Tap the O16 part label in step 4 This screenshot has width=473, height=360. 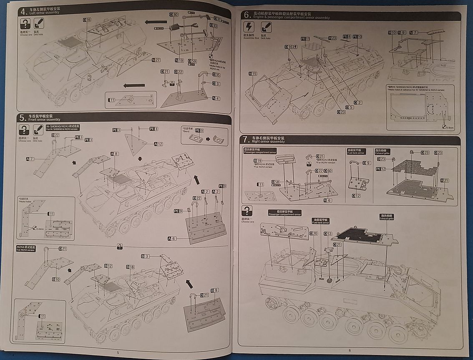[x=87, y=20]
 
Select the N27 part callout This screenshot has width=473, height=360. [x=156, y=60]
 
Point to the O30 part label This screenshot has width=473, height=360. [x=174, y=15]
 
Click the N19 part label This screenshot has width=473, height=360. [x=179, y=60]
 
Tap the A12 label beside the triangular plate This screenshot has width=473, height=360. [x=159, y=144]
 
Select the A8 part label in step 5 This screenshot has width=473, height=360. [x=115, y=154]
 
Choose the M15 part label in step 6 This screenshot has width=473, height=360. [x=253, y=74]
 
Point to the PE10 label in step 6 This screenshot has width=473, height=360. [x=357, y=37]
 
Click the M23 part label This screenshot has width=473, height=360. [x=332, y=38]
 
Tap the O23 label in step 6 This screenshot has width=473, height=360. [x=341, y=112]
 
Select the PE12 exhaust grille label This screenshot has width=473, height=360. [x=381, y=169]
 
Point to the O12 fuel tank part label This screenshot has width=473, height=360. [x=356, y=195]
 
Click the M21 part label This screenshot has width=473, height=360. [x=445, y=180]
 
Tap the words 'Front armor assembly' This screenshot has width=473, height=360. [x=42, y=119]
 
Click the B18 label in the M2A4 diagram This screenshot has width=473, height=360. [x=131, y=267]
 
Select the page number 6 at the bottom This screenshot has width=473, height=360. [x=350, y=350]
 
